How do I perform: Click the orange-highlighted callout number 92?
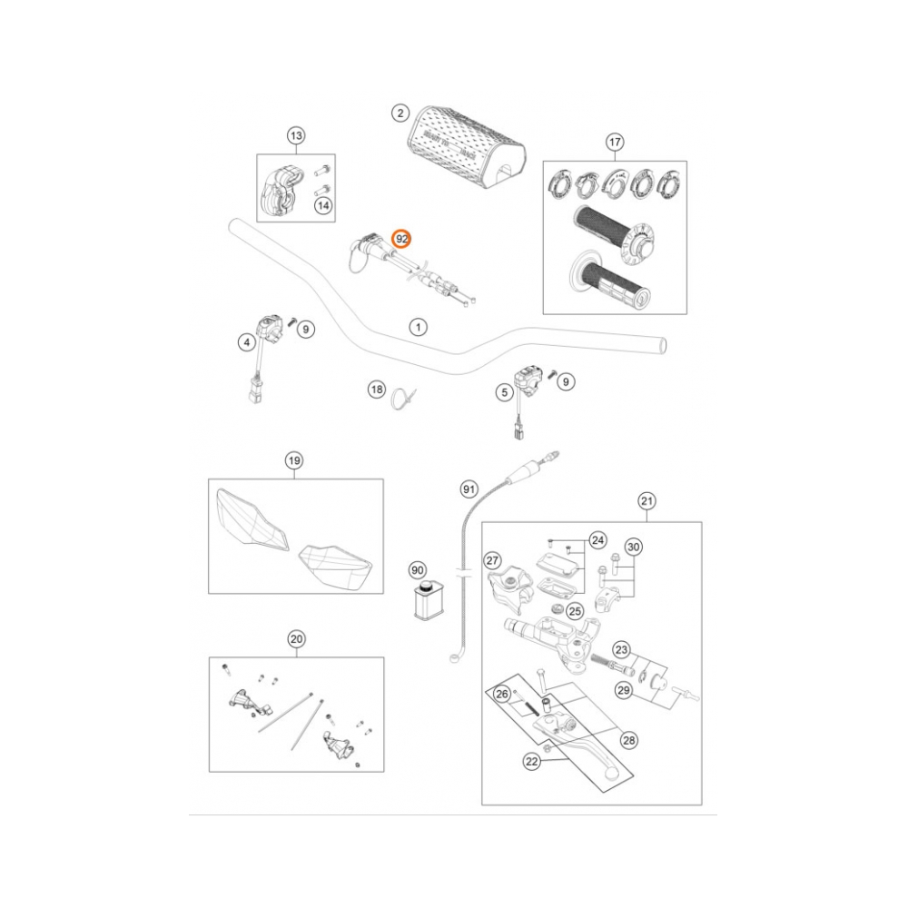click(x=401, y=239)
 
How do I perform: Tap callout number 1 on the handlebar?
click(x=417, y=326)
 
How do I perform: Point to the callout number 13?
click(x=295, y=135)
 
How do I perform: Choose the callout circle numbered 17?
click(x=615, y=142)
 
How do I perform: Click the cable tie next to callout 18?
click(x=401, y=399)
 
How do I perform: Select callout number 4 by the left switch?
click(x=245, y=342)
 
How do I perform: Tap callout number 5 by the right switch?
click(x=503, y=392)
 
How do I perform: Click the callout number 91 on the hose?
click(x=469, y=489)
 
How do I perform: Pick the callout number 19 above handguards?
click(x=293, y=460)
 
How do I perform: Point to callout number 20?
click(x=295, y=639)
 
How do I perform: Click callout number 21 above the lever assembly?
click(x=646, y=500)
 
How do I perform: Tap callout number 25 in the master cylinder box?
click(x=574, y=610)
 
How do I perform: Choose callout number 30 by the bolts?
click(x=634, y=547)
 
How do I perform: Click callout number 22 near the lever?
click(x=532, y=763)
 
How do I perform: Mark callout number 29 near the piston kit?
click(x=623, y=691)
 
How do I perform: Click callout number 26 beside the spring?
click(x=500, y=695)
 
